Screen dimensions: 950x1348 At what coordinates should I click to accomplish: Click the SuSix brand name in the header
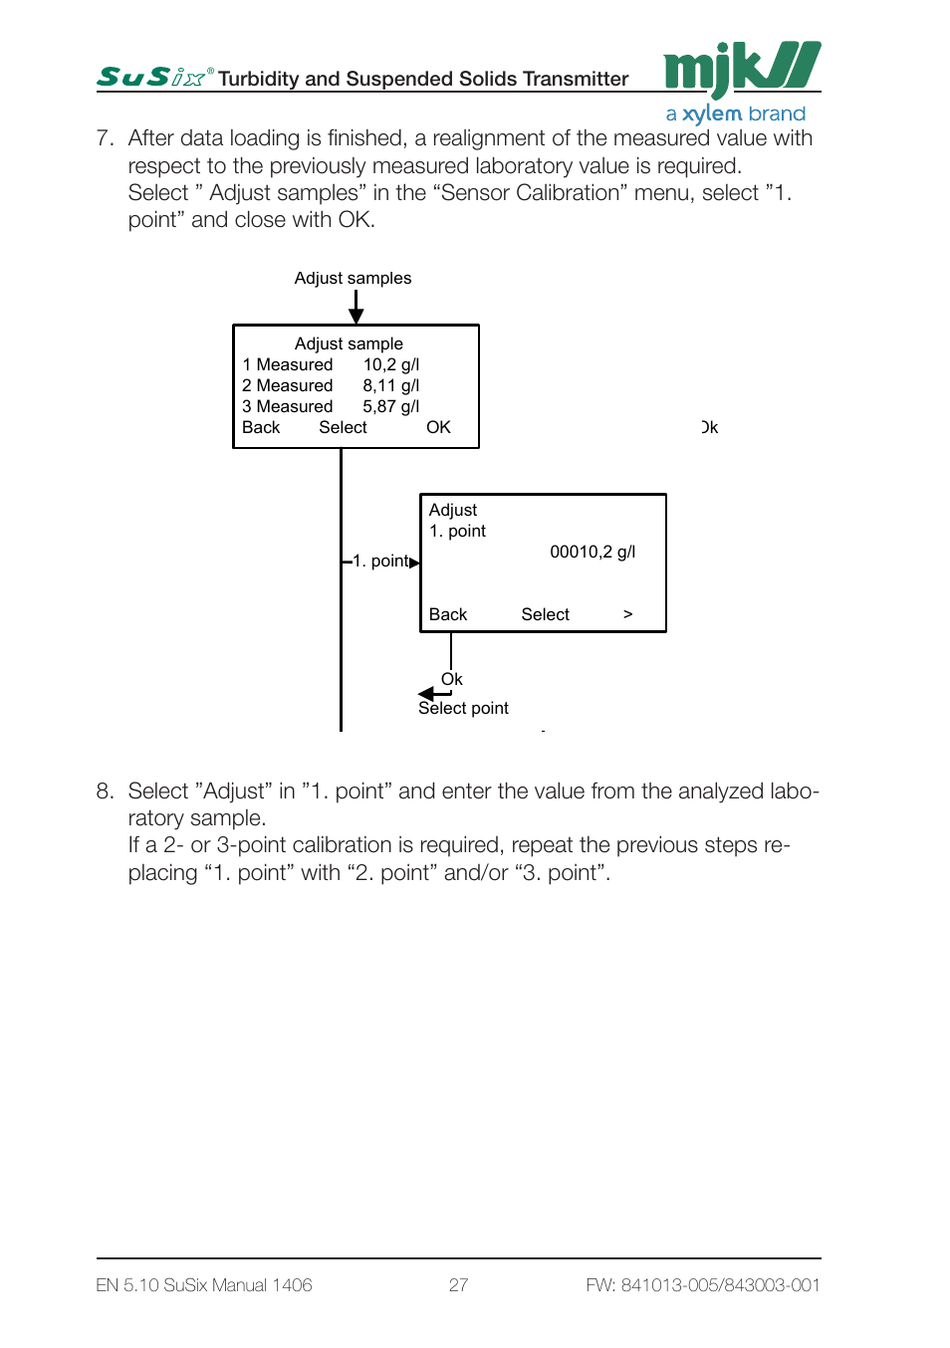[154, 77]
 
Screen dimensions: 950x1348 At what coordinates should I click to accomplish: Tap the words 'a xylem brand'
[735, 113]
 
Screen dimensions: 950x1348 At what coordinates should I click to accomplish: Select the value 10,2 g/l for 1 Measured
[390, 364]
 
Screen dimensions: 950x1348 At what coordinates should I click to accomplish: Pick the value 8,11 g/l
[390, 385]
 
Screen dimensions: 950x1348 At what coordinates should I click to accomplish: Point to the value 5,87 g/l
[390, 407]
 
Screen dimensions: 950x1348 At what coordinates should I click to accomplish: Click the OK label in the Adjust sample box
[438, 427]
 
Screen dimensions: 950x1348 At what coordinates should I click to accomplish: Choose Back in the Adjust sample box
[261, 427]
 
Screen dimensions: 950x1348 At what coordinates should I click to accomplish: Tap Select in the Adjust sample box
[343, 427]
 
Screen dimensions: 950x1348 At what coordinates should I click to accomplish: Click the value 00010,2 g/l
[593, 552]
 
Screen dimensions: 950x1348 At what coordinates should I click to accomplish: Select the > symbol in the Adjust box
[628, 614]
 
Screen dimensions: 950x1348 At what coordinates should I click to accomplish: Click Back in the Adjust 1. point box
[448, 614]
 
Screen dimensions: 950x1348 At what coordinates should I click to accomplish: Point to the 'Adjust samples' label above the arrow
[353, 278]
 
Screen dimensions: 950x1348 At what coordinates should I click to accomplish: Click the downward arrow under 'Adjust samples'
[356, 307]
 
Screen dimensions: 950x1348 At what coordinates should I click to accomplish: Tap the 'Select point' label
[463, 708]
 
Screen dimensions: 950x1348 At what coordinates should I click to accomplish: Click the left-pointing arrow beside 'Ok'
[434, 694]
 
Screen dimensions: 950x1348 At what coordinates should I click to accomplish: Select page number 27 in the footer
[458, 1285]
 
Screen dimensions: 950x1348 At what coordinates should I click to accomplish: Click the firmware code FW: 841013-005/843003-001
[703, 1285]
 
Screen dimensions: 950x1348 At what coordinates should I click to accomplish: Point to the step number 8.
[105, 790]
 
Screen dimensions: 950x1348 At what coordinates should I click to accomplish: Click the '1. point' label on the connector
[380, 562]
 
